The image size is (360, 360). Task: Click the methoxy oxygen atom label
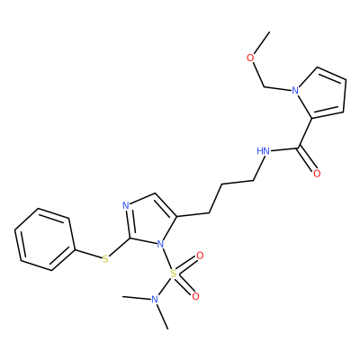(250, 58)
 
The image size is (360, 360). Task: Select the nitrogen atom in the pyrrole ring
(295, 90)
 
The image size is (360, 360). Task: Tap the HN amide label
(263, 151)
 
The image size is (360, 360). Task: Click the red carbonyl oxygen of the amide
(317, 174)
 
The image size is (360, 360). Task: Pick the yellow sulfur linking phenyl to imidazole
(105, 258)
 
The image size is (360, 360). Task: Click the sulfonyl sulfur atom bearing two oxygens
(173, 274)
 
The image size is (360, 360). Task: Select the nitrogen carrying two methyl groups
(155, 299)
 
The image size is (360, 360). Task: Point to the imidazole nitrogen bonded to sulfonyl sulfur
(161, 244)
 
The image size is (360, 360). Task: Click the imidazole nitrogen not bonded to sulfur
(126, 206)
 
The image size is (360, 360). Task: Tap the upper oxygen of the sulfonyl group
(200, 256)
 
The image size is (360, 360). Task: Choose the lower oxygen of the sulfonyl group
(195, 297)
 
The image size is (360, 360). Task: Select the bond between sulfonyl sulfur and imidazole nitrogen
(167, 258)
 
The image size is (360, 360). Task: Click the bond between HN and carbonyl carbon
(284, 149)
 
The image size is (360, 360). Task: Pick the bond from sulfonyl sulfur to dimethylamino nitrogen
(164, 286)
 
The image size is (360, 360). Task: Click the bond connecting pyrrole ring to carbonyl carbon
(305, 133)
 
